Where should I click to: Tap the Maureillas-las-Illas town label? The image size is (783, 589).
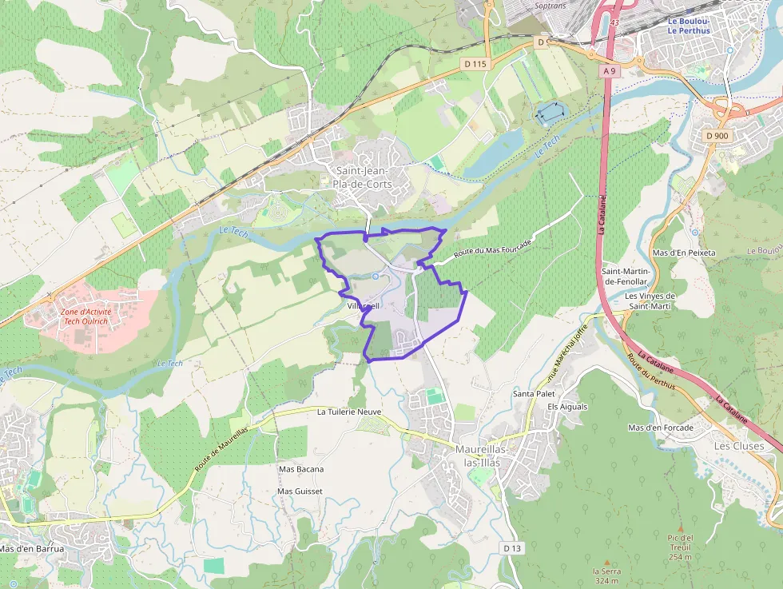pos(488,455)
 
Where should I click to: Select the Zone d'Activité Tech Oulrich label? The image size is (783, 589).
pos(83,316)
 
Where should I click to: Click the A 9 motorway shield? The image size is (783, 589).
pos(610,71)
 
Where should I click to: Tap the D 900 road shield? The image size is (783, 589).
pos(717,136)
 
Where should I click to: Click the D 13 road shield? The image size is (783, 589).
pos(512,547)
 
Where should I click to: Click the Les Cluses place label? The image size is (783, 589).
pos(738,446)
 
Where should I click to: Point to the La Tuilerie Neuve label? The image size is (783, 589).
pos(349,412)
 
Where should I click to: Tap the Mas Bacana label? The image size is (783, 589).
pos(300,468)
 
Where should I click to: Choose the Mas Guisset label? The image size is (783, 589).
pos(300,491)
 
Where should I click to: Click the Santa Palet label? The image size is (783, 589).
pos(534,394)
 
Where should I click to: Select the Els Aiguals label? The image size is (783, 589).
pos(567,407)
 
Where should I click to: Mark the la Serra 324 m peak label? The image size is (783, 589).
pos(606,575)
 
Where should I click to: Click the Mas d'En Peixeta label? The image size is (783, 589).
pos(684,253)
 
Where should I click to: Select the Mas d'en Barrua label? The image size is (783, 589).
pos(32,549)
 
